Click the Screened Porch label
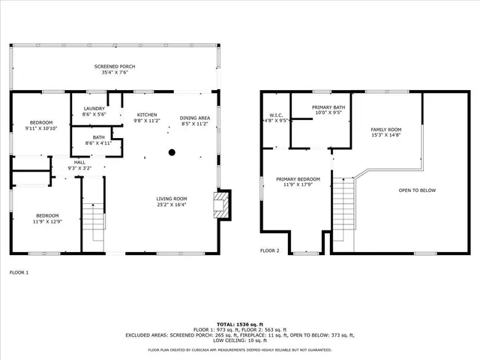coord(115,67)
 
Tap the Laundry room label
coord(94,109)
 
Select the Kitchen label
coord(146,115)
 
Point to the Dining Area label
coord(194,118)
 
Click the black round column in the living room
coord(172,152)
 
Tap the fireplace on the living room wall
coord(221,204)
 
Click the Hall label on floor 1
coord(79,162)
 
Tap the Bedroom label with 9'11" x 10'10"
coord(41,122)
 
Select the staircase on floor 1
coord(94,221)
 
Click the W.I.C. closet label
coord(274,116)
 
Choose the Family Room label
coord(387,130)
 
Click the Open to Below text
coord(417,190)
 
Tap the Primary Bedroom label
coord(298,179)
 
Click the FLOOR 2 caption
coord(270,250)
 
